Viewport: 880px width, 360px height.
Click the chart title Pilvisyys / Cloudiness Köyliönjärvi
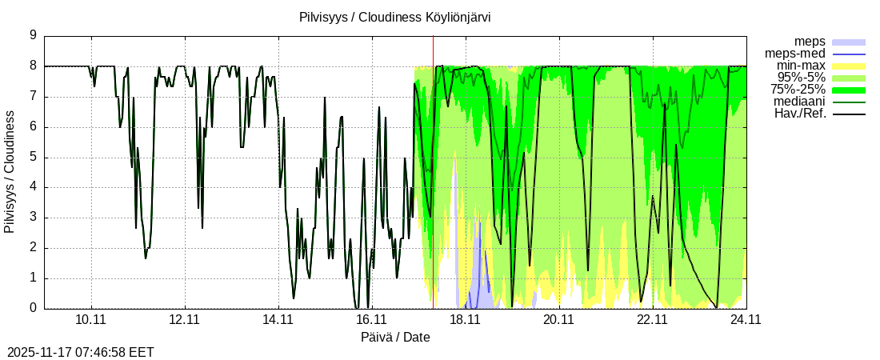click(x=395, y=17)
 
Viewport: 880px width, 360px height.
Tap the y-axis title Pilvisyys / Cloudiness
click(x=10, y=172)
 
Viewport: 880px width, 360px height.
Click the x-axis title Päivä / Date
click(x=395, y=337)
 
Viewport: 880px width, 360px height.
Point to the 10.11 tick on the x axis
click(x=91, y=319)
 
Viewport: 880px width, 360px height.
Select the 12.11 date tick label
click(x=185, y=319)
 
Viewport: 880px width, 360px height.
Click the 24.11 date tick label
click(x=746, y=319)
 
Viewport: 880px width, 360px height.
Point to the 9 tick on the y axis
click(x=33, y=35)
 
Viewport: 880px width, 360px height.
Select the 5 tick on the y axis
click(x=33, y=157)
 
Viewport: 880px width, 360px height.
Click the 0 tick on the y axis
click(x=33, y=308)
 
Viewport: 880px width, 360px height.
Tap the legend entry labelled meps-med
click(x=795, y=53)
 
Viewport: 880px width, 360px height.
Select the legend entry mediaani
click(x=799, y=101)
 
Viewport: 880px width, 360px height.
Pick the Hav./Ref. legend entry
click(x=800, y=113)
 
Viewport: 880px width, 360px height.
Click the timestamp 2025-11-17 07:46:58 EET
click(x=80, y=352)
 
